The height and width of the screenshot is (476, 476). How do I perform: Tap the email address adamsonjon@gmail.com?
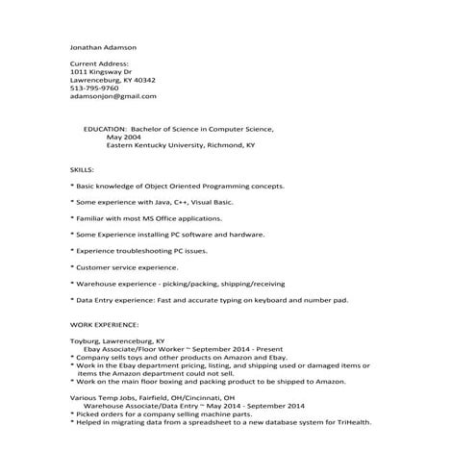point(113,96)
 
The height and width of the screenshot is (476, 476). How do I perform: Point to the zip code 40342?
point(143,80)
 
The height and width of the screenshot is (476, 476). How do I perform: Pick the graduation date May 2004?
point(123,137)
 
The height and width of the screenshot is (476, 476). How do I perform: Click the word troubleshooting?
point(146,250)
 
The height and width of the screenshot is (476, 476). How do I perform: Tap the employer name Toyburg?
point(87,340)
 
